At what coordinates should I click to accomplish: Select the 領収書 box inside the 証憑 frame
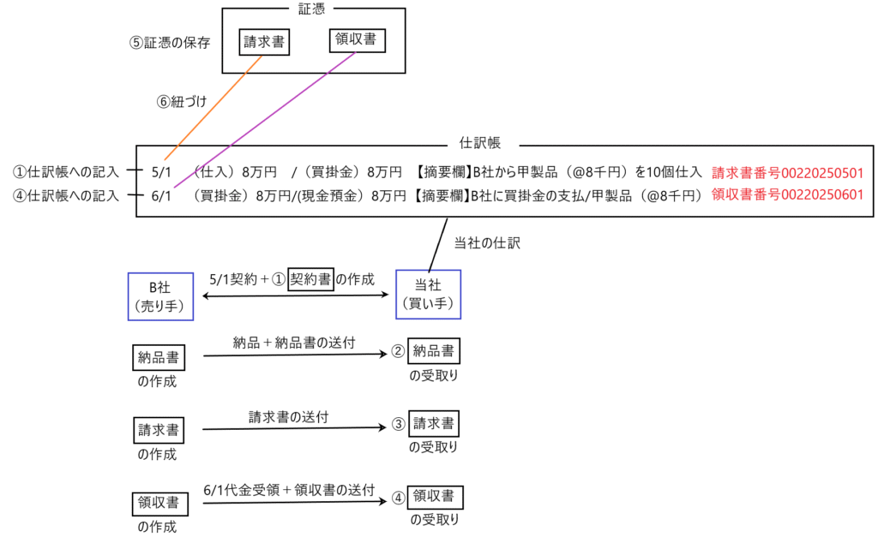(x=357, y=39)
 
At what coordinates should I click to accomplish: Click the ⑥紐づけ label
(x=183, y=100)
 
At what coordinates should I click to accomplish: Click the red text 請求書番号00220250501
(x=787, y=172)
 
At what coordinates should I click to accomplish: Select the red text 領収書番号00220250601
(x=787, y=194)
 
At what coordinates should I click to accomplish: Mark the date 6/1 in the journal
(x=162, y=194)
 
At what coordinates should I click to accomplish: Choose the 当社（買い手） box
(x=427, y=295)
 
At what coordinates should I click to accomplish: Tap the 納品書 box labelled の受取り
(x=433, y=350)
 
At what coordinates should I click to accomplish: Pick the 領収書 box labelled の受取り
(x=435, y=496)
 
